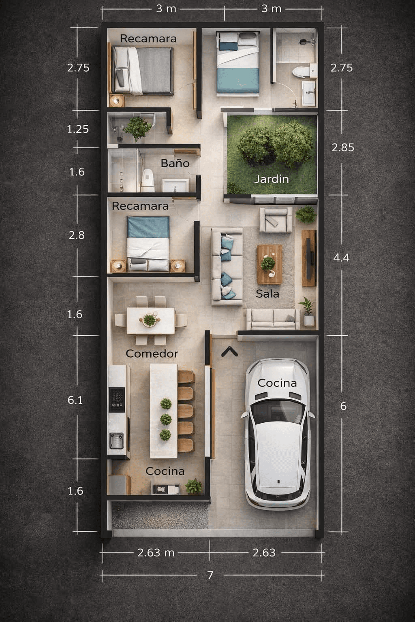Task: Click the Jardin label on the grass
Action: [272, 179]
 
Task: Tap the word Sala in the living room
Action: [267, 294]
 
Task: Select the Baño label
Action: [175, 163]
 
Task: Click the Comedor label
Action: [152, 354]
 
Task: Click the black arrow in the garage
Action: [230, 351]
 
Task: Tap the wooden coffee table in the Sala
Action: [270, 264]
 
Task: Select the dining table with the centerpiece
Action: [151, 320]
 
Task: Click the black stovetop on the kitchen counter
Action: [117, 400]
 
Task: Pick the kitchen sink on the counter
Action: [116, 441]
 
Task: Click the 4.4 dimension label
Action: [341, 258]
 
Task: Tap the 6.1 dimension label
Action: [75, 400]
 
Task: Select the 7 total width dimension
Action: [210, 575]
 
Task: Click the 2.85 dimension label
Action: [343, 147]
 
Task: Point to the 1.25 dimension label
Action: [78, 129]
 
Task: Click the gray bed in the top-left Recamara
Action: [143, 71]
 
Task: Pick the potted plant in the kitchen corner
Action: [193, 486]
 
